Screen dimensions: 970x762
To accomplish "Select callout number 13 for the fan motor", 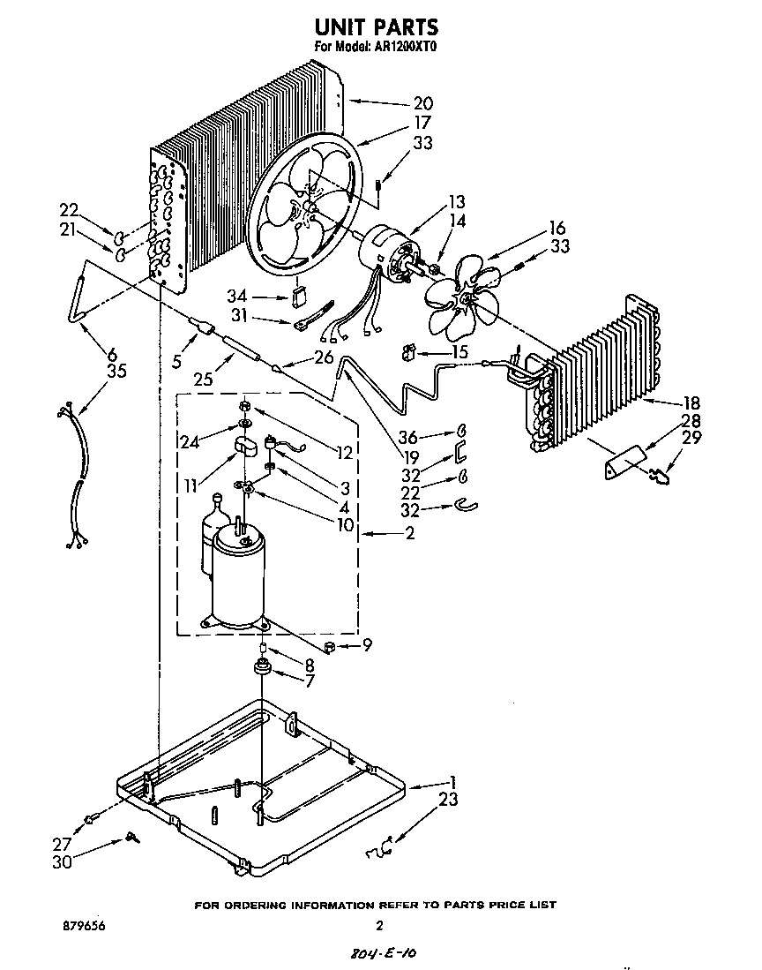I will pos(456,202).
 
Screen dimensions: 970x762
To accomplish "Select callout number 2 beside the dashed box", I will pos(407,533).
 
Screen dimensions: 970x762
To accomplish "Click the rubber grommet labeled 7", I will pos(262,669).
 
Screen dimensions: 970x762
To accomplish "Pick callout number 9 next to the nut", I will pos(366,646).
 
